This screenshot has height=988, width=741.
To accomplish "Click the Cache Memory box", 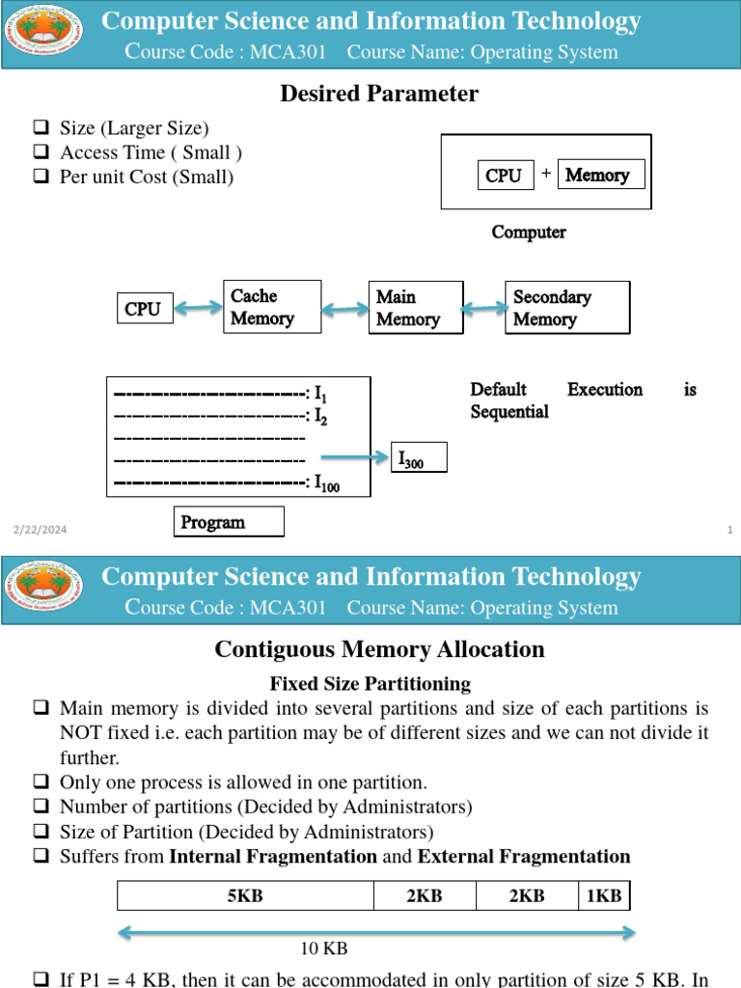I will [272, 307].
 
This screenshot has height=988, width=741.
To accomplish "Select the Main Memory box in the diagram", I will [416, 308].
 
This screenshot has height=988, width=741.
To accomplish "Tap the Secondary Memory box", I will [567, 308].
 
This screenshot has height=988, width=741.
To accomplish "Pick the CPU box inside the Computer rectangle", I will [505, 176].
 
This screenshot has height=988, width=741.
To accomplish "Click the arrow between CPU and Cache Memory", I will [199, 308].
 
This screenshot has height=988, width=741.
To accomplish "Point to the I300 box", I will [419, 458].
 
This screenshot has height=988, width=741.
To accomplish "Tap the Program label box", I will [229, 522].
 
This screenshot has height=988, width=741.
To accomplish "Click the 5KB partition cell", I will [245, 896].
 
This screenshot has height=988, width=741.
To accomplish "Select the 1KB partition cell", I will [604, 896].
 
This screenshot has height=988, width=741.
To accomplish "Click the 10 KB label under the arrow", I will [323, 949].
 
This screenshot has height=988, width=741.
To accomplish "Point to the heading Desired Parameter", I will [379, 94].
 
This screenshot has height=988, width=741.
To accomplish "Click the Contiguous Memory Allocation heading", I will [379, 649].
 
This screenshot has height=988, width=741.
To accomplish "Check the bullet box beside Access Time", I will [41, 152].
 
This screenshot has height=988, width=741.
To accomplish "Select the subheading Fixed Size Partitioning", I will [370, 684].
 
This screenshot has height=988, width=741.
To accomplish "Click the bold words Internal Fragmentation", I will [273, 857].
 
